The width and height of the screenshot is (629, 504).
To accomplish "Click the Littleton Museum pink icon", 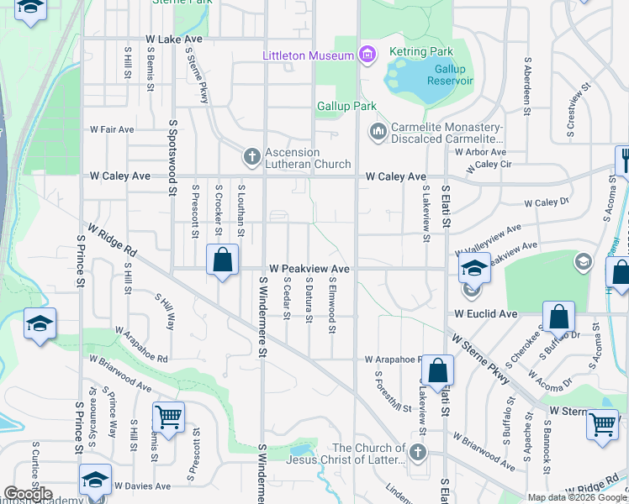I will pyautogui.click(x=366, y=56).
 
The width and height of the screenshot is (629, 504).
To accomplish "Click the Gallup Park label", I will pyautogui.click(x=346, y=107).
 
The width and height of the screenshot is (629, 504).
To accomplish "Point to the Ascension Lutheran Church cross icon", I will pyautogui.click(x=251, y=156).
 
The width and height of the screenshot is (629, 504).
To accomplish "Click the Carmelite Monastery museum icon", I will pyautogui.click(x=378, y=132).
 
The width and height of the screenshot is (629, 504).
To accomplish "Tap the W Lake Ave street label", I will pyautogui.click(x=174, y=39).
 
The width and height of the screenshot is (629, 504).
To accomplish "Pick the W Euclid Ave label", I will pyautogui.click(x=485, y=313).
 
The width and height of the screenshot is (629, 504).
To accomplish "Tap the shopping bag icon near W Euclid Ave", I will pyautogui.click(x=558, y=318).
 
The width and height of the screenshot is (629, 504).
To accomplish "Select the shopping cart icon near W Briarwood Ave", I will pyautogui.click(x=169, y=417).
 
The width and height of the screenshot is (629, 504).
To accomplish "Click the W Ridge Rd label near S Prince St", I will pyautogui.click(x=112, y=239).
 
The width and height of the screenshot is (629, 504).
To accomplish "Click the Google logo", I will pyautogui.click(x=28, y=494).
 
